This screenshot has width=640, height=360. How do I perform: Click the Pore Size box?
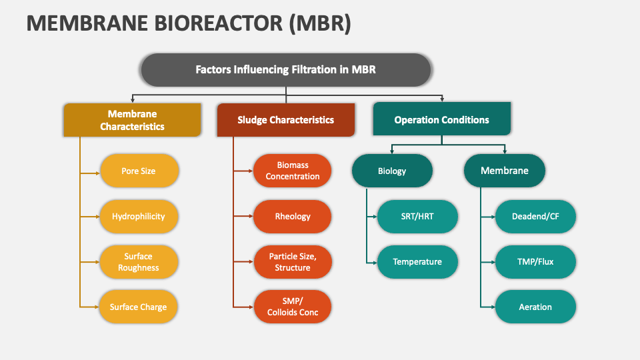coord(139,171)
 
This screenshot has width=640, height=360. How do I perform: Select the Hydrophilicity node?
coord(139,217)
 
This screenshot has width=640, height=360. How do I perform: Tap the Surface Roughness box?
coord(139,262)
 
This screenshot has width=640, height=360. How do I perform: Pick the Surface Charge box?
coord(139,307)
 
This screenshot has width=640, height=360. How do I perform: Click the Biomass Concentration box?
coord(293,171)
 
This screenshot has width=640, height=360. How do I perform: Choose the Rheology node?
coord(293,217)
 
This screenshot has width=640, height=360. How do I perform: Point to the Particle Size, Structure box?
coord(293,262)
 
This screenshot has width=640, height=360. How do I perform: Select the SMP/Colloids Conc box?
coord(293,307)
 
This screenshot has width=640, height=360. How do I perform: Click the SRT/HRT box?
coord(417,217)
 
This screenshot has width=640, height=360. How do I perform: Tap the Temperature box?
coord(417,262)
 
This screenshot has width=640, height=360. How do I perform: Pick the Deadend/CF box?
coord(535,217)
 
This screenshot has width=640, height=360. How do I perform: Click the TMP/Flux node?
coord(535,262)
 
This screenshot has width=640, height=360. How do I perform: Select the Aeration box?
coord(535,307)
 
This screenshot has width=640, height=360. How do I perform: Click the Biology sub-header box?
coord(392,171)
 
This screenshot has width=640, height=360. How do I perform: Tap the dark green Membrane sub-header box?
coord(505,171)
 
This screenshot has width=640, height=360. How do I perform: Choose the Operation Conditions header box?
coord(441,120)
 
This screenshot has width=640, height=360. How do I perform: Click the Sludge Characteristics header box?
coord(286,120)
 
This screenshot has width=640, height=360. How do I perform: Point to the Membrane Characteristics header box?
coord(132,120)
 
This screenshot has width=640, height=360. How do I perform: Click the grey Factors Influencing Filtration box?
coord(285,69)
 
